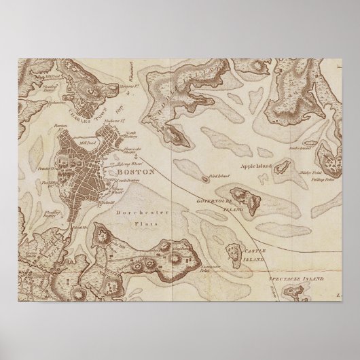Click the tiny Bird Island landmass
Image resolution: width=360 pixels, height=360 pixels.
click(204, 179)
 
